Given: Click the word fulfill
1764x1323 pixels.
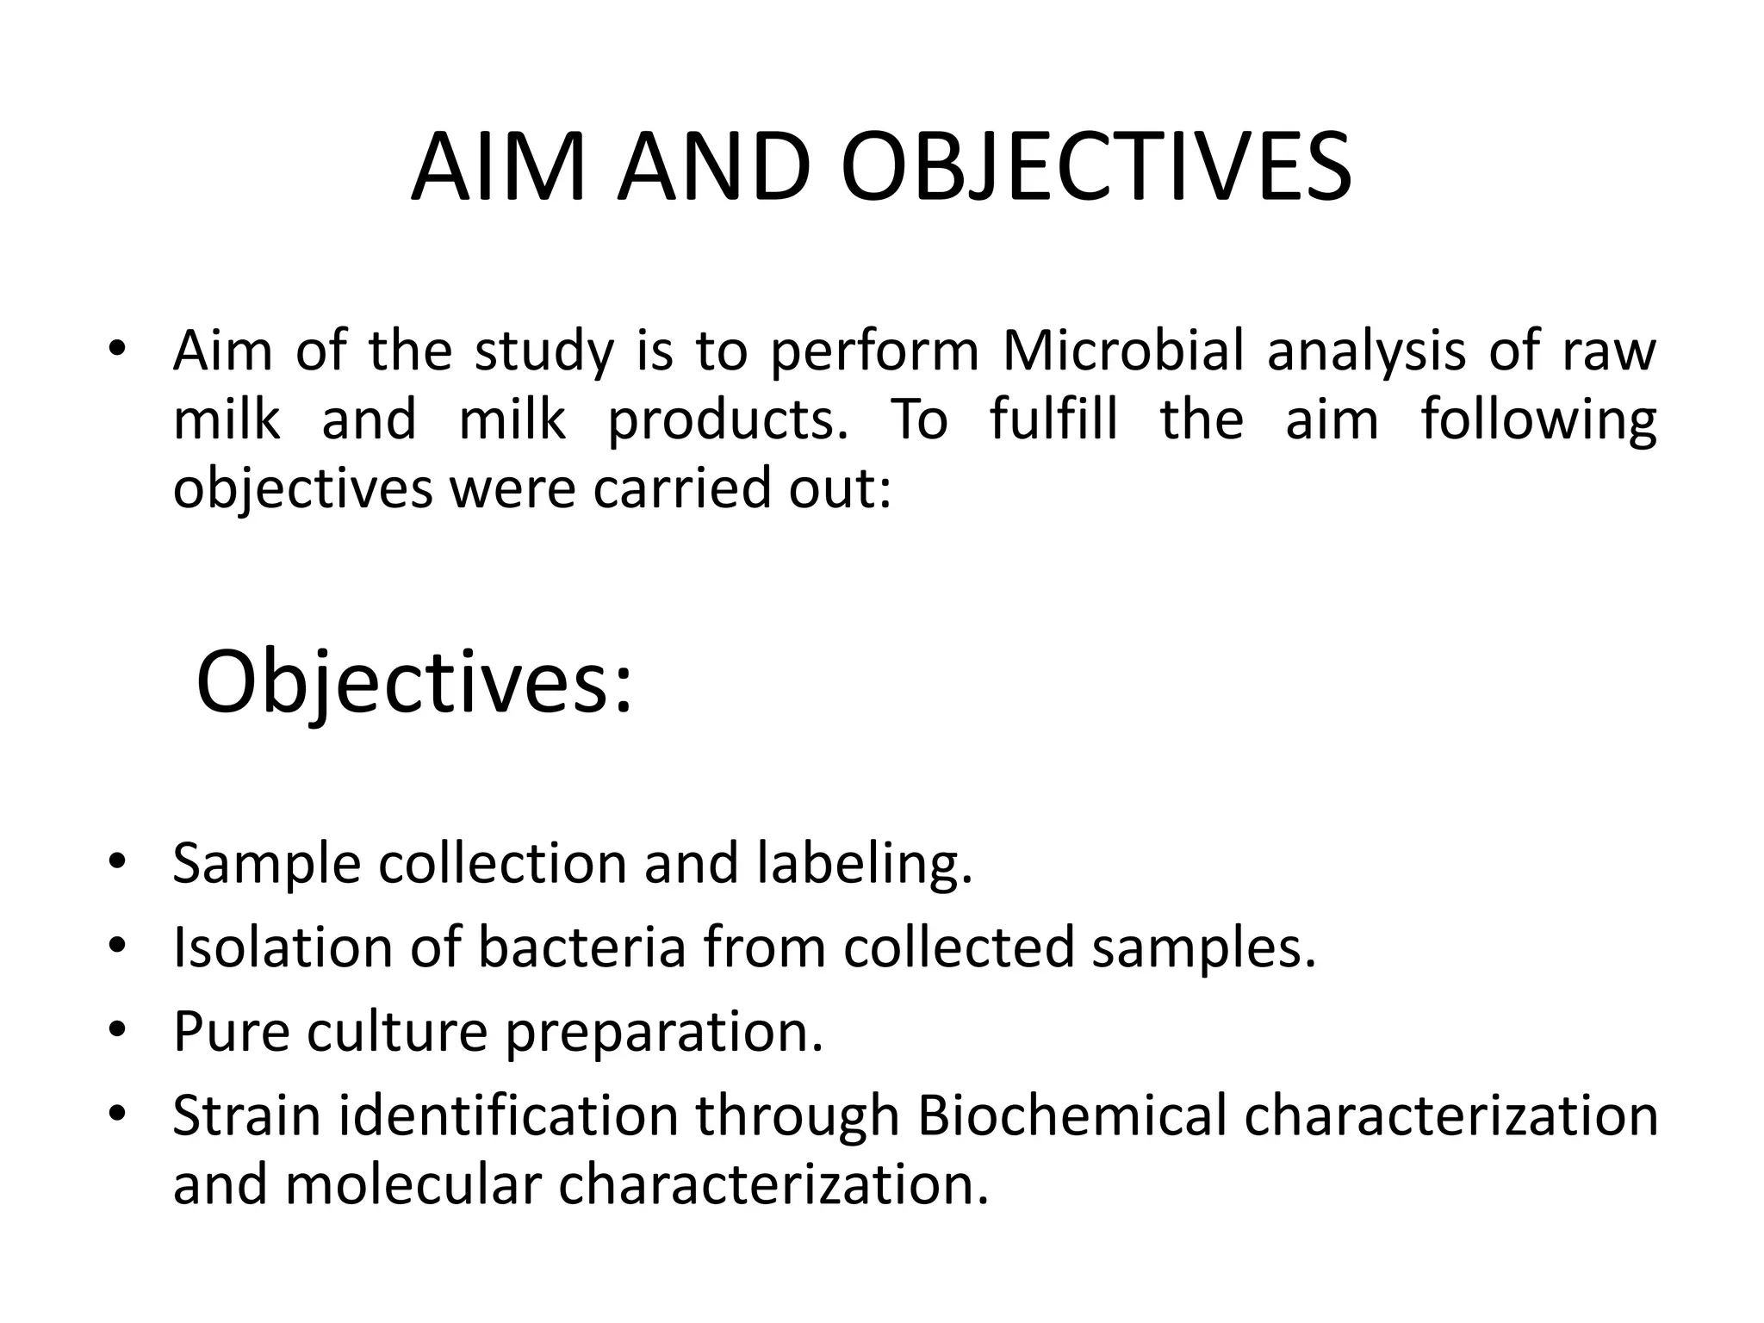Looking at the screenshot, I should (x=1053, y=419).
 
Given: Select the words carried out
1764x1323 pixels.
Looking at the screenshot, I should (x=742, y=488).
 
